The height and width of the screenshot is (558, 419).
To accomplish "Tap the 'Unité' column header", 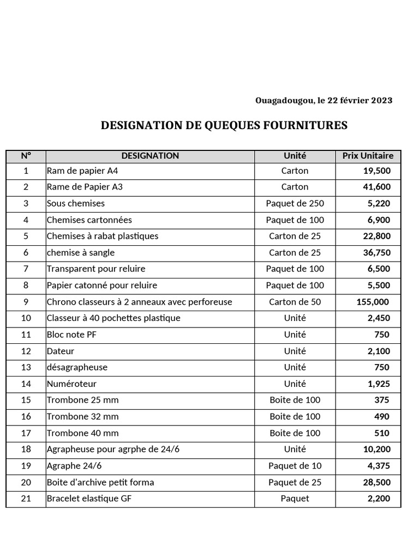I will click(x=295, y=156).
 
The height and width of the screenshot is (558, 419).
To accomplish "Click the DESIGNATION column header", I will click(x=150, y=156).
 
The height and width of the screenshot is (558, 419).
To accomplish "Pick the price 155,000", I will click(x=373, y=302).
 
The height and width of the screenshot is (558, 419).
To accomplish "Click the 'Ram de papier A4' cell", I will click(x=82, y=171).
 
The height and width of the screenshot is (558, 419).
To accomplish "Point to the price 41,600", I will click(x=376, y=187).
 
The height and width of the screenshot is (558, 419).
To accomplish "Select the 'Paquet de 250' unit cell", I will click(x=295, y=203).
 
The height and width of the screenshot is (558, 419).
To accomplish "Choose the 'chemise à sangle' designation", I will click(x=81, y=253).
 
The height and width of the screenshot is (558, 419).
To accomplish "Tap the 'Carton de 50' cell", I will click(x=295, y=302).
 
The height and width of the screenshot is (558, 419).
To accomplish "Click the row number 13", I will click(x=26, y=367).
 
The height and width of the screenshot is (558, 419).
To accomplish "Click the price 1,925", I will click(x=379, y=384).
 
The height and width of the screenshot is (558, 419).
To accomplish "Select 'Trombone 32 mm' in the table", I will click(x=82, y=417).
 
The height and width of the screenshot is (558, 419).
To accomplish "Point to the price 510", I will click(x=382, y=433).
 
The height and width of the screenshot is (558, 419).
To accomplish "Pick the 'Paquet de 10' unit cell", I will click(x=295, y=466).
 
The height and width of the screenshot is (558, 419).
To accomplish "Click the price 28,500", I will click(x=376, y=482).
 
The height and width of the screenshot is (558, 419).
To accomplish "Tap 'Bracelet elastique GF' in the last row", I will click(x=89, y=499).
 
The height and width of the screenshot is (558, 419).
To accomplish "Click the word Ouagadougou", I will click(x=284, y=100).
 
